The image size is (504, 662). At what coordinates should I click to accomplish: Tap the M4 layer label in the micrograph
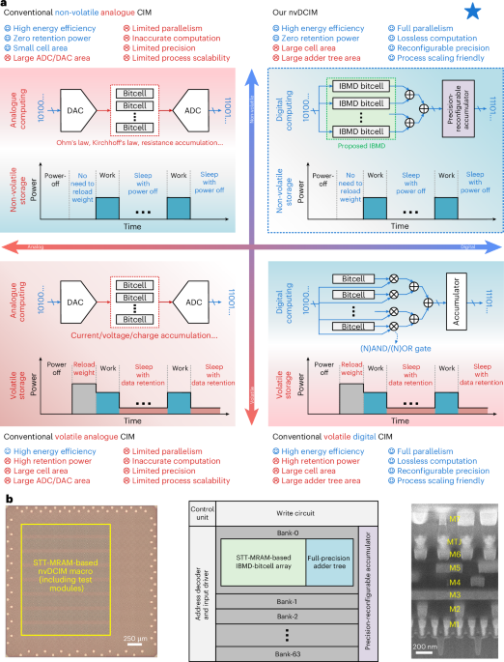(x=453, y=582)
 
